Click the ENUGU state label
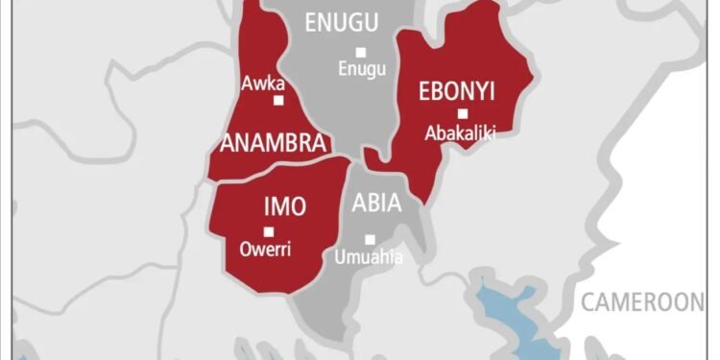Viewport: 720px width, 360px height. (341, 23)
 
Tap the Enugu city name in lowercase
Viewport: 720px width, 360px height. (361, 69)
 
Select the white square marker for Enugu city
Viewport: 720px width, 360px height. (361, 52)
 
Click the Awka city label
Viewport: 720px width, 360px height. (264, 83)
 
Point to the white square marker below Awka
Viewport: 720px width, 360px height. (278, 100)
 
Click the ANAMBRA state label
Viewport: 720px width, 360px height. (274, 143)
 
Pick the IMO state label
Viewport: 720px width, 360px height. (284, 205)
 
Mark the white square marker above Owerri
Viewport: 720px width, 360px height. (269, 231)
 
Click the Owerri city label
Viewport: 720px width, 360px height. (267, 250)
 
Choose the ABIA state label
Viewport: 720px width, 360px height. (376, 204)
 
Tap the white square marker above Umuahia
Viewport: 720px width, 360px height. (370, 239)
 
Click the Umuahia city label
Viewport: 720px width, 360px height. (369, 257)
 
